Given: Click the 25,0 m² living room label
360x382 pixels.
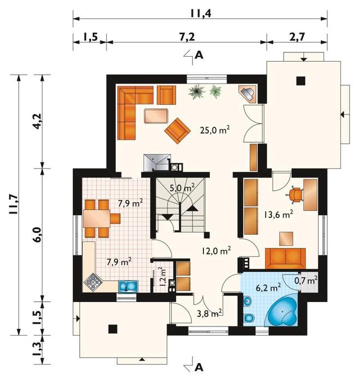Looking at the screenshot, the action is click(215, 130).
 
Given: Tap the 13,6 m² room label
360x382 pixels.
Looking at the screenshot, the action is click(278, 214).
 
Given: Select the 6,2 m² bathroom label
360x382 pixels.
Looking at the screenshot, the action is click(268, 288).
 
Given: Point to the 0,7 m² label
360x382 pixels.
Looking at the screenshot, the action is click(306, 281).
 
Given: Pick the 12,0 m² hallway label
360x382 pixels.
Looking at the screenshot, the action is click(217, 251).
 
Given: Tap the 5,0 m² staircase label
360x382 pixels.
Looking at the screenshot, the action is click(182, 188).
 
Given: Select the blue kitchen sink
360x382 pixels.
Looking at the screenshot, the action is click(128, 286).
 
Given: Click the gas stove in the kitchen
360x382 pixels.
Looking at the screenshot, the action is click(93, 282).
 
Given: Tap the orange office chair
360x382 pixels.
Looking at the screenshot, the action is click(296, 195).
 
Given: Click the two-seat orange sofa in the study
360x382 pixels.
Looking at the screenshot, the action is click(285, 258).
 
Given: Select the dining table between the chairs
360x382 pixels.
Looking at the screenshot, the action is click(97, 219).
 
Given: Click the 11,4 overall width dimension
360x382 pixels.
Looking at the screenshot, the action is click(200, 14).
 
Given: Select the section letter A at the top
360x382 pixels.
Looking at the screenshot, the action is click(199, 56).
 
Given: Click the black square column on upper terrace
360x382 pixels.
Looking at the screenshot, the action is click(301, 81).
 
